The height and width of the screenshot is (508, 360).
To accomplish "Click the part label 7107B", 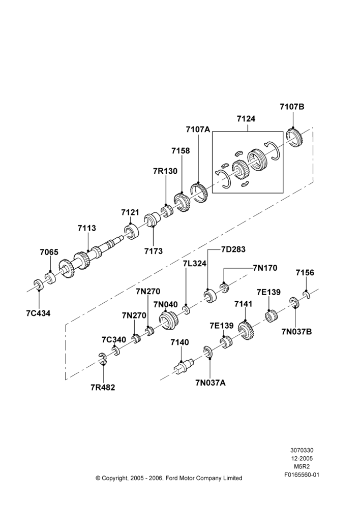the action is tap(292, 106).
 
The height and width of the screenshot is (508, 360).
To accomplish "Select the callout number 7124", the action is tap(246, 119).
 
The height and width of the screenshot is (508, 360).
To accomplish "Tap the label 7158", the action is tap(181, 151).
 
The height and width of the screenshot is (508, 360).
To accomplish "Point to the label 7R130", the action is tap(165, 171).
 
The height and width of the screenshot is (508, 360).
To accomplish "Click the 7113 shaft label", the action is tap(87, 228).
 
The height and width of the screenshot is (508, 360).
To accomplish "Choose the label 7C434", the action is tap(38, 313).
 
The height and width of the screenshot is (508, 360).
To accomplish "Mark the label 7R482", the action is tap(103, 387).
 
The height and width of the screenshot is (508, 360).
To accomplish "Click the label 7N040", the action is tap(166, 304).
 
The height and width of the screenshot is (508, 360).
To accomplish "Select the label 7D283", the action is tap(233, 249).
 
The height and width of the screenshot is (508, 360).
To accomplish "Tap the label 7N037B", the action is tap(296, 331).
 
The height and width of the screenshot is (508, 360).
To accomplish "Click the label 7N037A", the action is tap(211, 383).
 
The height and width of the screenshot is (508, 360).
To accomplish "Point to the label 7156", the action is tap(305, 272).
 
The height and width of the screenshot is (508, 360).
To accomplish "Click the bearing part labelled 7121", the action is tap(132, 231).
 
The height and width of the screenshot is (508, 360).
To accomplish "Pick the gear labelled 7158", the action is tap(181, 202).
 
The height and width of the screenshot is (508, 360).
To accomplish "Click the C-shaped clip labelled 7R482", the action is tap(103, 359).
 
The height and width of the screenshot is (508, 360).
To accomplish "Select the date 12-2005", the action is tap(302, 458).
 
